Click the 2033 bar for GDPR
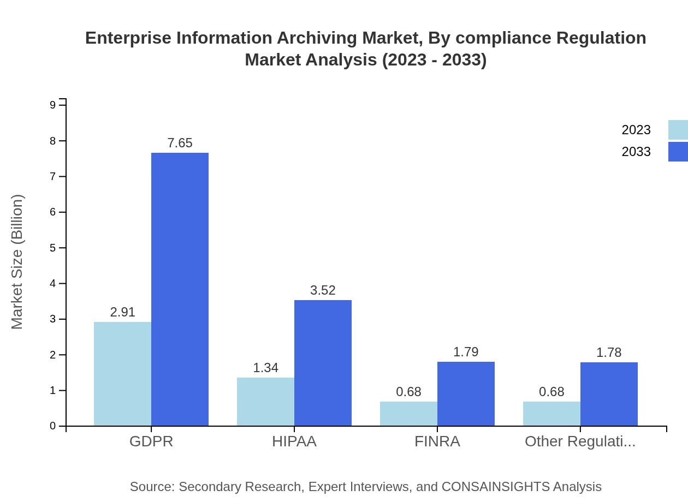(180, 289)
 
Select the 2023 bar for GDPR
(122, 374)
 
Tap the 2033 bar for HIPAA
(323, 363)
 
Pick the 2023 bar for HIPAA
(265, 402)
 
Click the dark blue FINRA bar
(466, 393)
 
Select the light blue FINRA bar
(408, 414)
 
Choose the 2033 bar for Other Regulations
(609, 394)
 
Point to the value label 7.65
(180, 143)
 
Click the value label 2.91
(122, 312)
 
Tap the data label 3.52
(323, 290)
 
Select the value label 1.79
(466, 352)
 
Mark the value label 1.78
(609, 352)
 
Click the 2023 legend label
(636, 130)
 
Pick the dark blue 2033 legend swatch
(678, 152)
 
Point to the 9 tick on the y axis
(53, 105)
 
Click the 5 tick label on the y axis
(53, 248)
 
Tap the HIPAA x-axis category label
(294, 441)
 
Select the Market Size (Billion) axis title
(17, 262)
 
